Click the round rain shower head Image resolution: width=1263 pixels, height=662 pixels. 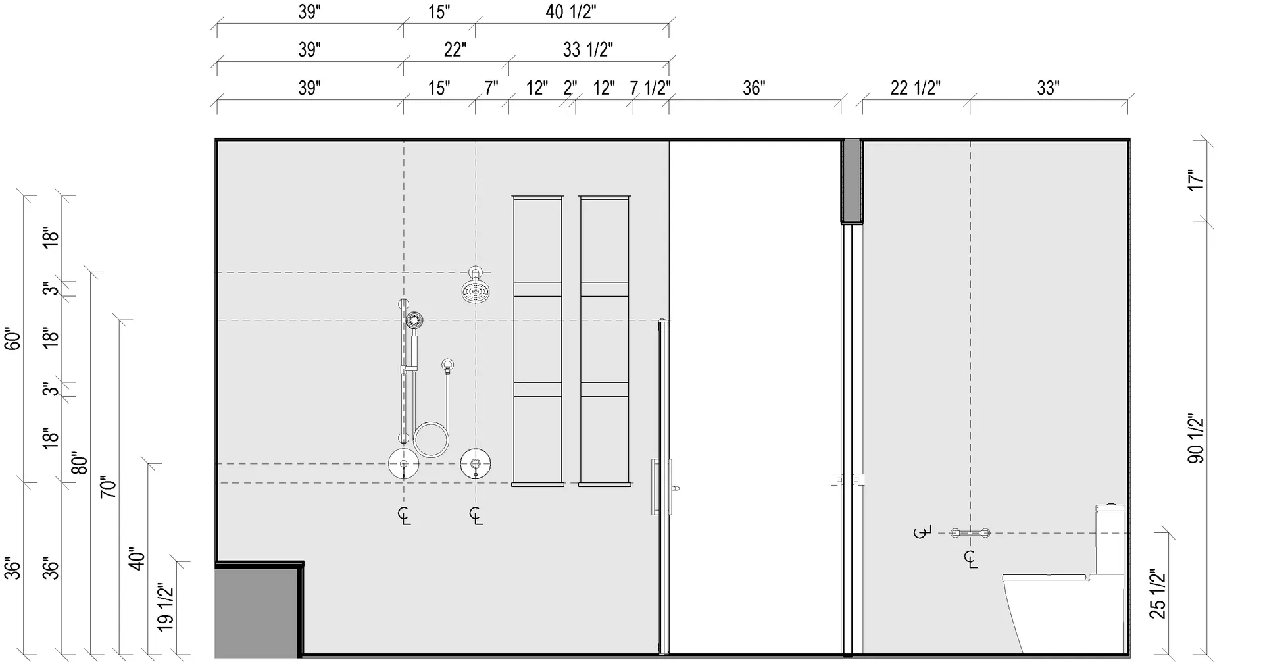coord(476,292)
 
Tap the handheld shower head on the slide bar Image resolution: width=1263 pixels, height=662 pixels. coord(414,321)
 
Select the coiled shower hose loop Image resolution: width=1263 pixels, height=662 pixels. coord(432,440)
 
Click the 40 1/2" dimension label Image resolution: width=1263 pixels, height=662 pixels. coord(571,12)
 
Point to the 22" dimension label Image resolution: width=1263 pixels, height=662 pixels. coord(455,49)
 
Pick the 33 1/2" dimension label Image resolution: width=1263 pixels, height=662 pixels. coord(588,49)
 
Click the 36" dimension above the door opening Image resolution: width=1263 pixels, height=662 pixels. coord(754,88)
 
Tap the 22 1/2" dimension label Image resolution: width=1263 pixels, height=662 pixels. coord(915,88)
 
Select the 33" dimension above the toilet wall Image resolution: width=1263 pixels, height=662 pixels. coord(1048,88)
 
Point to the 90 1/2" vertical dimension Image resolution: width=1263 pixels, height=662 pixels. coord(1196,439)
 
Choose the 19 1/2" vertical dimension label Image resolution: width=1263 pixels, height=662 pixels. coord(166,607)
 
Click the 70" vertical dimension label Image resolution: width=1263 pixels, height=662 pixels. coord(108,486)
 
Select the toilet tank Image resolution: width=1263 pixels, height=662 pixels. coord(1109,540)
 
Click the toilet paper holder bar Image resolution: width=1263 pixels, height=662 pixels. coord(970,533)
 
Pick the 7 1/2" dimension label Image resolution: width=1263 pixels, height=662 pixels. coord(651,88)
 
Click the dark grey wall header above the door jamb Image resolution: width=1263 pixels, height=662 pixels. coord(852,181)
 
